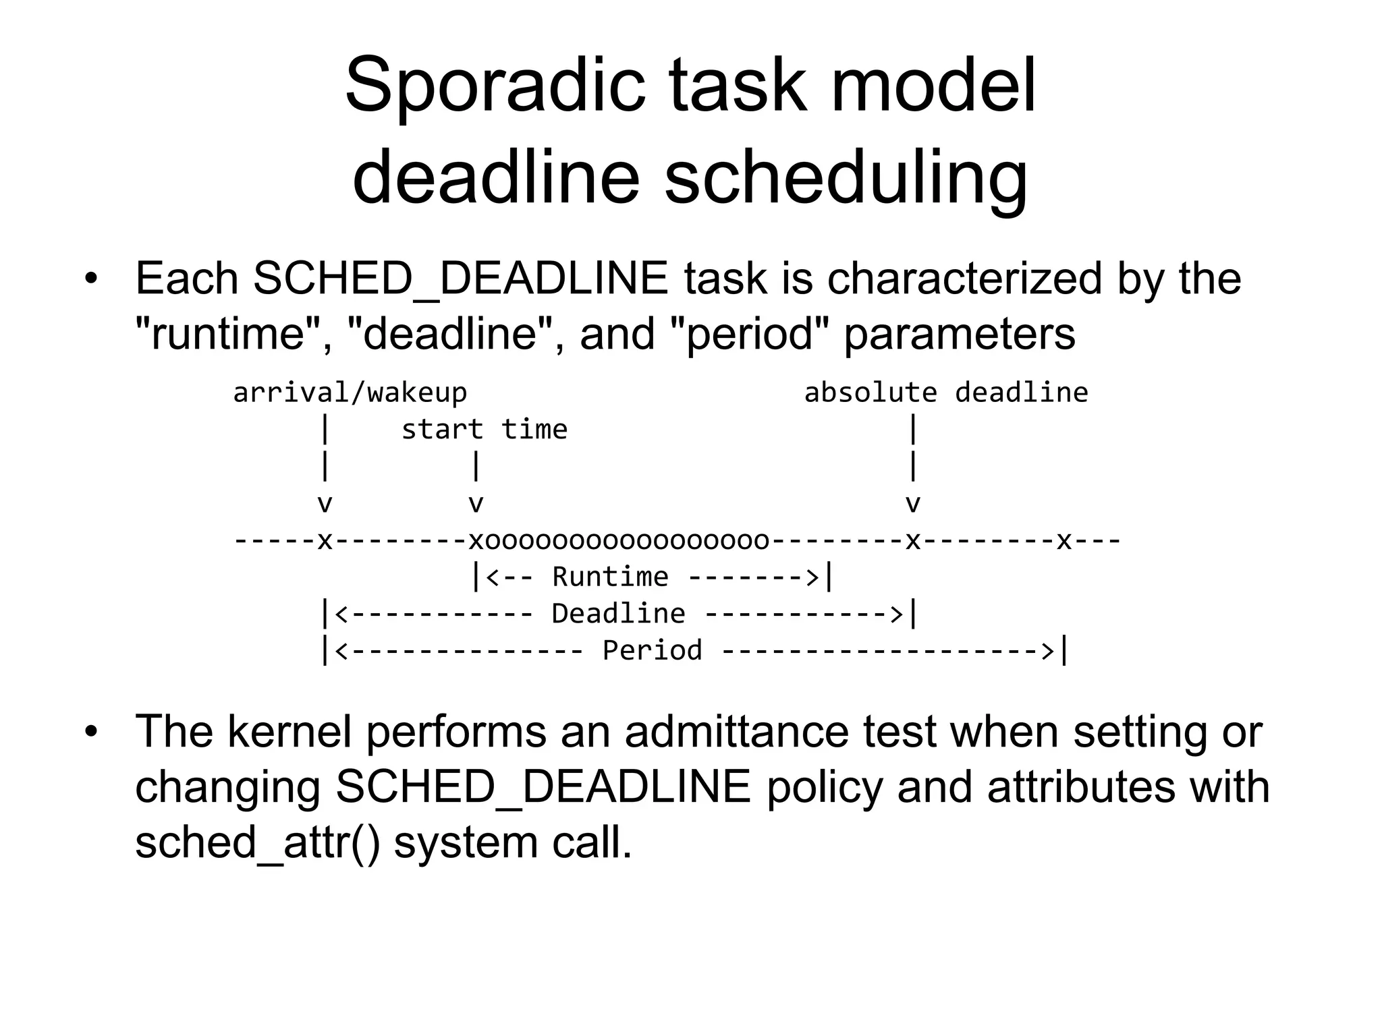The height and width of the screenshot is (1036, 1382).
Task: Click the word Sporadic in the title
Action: (x=495, y=88)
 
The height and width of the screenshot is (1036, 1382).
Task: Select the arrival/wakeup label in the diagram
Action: (x=350, y=393)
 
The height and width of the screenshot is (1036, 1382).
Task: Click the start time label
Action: (x=484, y=430)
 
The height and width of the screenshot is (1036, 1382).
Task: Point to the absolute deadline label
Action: (x=945, y=393)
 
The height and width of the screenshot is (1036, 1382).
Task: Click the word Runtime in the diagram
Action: (x=610, y=577)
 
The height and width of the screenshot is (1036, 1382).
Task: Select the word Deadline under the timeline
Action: (x=618, y=614)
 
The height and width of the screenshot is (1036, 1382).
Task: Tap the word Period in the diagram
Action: (x=652, y=651)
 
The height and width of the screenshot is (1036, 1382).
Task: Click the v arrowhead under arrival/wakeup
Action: (x=325, y=504)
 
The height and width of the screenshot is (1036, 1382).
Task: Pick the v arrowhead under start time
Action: (x=476, y=504)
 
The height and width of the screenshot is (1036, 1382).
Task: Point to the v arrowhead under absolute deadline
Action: (x=912, y=504)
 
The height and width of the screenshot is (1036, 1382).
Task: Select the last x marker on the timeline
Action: (x=1063, y=541)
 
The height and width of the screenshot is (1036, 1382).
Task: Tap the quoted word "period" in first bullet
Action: (x=751, y=334)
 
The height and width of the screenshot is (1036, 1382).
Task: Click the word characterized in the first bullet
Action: (x=964, y=278)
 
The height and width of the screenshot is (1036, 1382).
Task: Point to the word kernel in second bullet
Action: (x=289, y=731)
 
